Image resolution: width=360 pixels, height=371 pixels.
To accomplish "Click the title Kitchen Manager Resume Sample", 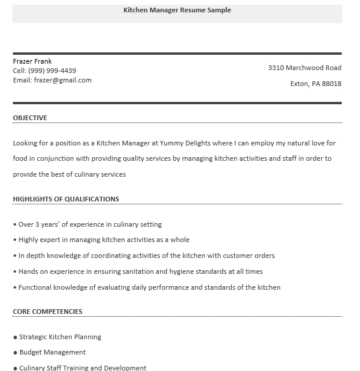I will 177,10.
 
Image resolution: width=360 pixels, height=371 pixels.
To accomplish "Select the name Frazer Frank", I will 32,61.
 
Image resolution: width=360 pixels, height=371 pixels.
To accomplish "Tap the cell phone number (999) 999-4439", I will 52,71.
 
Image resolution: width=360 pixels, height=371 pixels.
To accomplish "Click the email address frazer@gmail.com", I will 63,80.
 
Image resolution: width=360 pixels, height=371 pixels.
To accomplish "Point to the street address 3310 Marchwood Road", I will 305,68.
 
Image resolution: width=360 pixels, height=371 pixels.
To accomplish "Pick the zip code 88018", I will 332,84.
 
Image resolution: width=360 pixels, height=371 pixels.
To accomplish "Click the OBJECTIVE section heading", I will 30,118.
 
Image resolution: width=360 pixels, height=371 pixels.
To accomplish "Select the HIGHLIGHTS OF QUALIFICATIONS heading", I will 66,199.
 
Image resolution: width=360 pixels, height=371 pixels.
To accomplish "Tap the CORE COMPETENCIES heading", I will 48,312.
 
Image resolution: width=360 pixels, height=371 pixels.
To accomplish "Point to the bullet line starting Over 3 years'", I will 89,224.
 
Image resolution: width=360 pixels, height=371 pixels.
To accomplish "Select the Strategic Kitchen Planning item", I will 60,337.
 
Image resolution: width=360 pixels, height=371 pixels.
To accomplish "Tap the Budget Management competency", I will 52,352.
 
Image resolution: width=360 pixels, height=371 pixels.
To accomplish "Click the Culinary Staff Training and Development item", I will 82,367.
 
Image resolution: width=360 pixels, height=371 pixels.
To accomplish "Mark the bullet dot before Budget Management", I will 15,353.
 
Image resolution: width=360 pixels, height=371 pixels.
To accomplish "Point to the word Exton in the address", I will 299,84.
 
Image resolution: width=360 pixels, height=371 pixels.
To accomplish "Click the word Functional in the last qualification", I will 35,287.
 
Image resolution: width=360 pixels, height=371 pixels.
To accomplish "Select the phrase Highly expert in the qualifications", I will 39,240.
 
